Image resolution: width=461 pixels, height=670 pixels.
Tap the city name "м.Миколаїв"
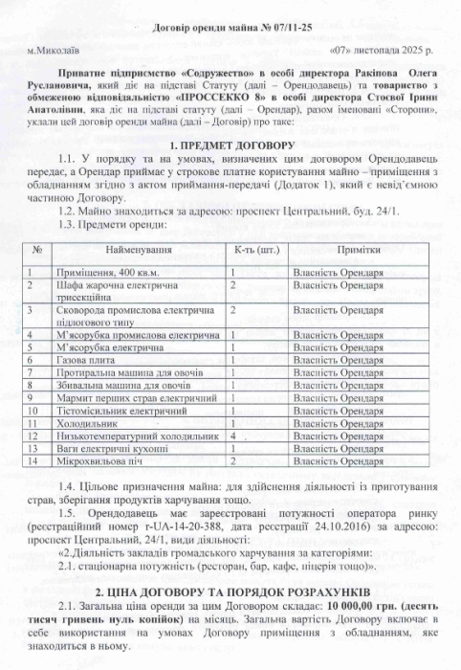tap(54, 48)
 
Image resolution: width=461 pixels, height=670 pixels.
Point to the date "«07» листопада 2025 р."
tap(380, 48)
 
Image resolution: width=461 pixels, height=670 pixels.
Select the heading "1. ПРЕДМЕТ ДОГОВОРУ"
tap(229, 143)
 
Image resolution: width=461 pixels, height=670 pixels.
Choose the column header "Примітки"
tap(360, 249)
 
